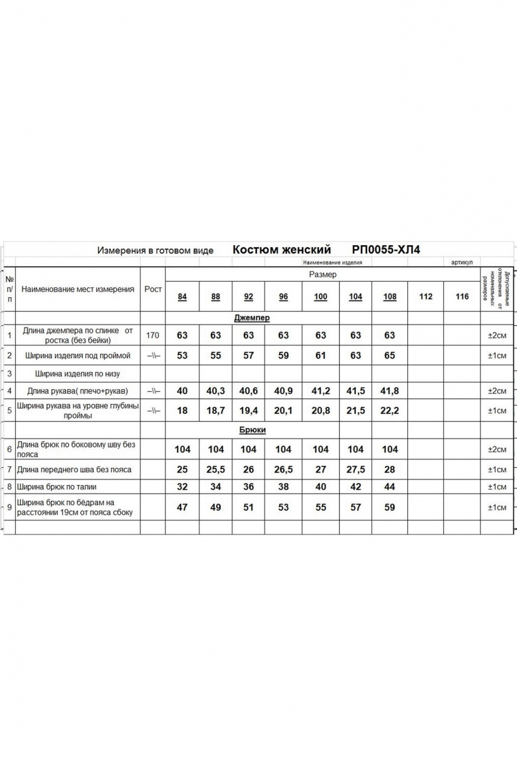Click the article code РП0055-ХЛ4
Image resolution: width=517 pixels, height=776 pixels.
click(x=386, y=250)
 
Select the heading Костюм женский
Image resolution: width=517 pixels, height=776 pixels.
click(x=282, y=250)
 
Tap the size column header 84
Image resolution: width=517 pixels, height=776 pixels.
click(x=182, y=297)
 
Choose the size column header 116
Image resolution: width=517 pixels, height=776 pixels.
click(x=462, y=297)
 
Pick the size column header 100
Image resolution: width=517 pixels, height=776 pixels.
click(x=321, y=297)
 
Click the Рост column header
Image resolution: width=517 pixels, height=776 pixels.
click(x=153, y=289)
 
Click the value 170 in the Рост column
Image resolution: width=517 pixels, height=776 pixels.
click(x=153, y=335)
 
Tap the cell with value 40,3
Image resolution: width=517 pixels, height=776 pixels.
click(x=216, y=391)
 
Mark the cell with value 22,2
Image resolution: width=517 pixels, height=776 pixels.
click(x=390, y=411)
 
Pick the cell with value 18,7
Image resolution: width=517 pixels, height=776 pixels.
click(x=216, y=411)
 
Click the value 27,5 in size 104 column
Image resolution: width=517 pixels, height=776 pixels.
click(x=355, y=470)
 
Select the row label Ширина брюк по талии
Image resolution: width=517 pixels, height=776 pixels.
click(x=57, y=487)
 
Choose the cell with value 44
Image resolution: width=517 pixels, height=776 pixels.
click(x=390, y=487)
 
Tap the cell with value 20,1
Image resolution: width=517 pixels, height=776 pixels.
click(x=283, y=411)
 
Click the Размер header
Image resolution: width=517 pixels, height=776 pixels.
click(x=323, y=275)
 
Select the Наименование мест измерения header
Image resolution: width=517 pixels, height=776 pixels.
click(x=77, y=289)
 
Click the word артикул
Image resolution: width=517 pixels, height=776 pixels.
click(x=462, y=262)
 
